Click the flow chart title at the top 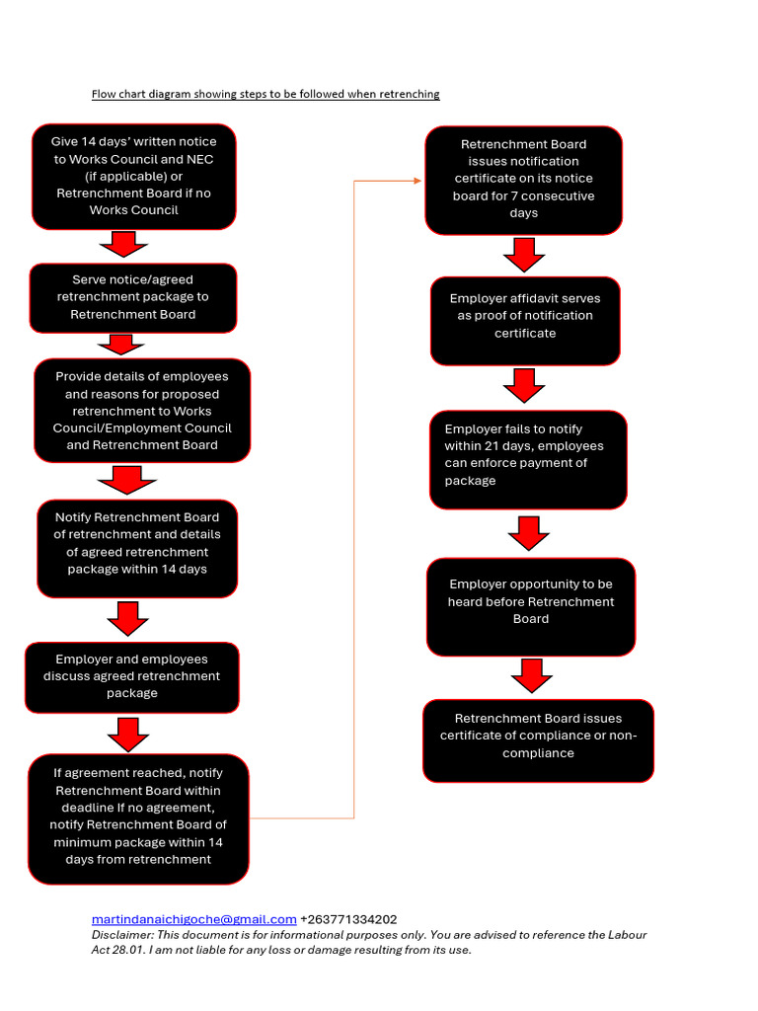(265, 95)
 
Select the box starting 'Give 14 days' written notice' (134, 177)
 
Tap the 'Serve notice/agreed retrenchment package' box (133, 297)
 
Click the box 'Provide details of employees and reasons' (142, 411)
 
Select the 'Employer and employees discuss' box (132, 677)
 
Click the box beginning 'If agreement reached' (138, 818)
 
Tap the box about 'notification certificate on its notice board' (524, 180)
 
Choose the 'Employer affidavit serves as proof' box (525, 317)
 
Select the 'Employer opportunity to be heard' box (531, 603)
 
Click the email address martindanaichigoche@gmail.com (194, 919)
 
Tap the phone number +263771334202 (348, 919)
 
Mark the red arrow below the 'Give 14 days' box (123, 244)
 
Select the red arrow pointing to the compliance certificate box (532, 676)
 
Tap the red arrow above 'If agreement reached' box (128, 735)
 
